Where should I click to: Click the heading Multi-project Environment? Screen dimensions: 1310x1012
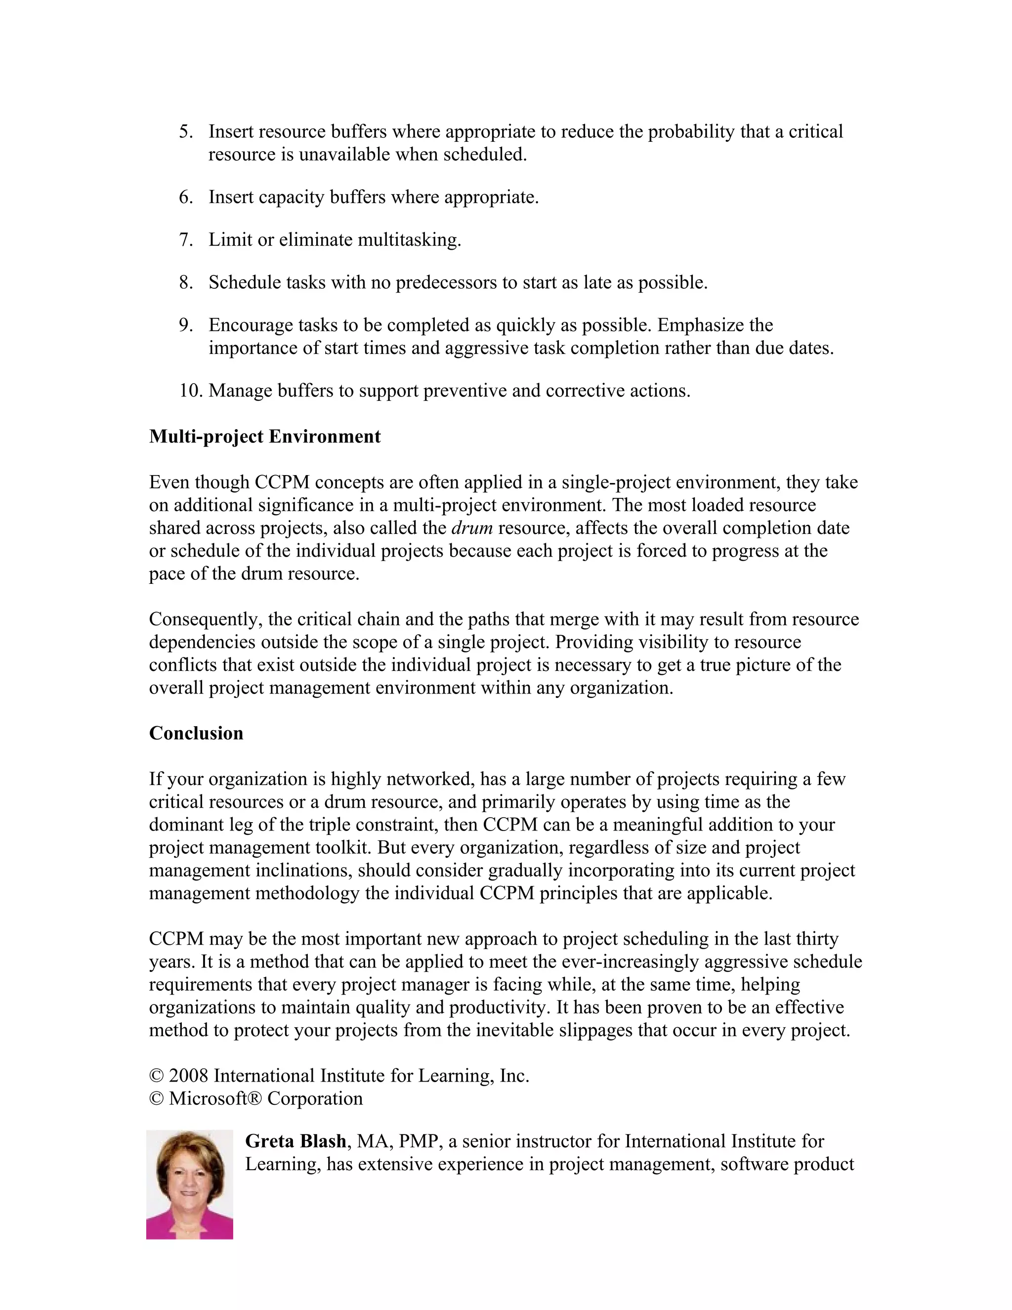[264, 437]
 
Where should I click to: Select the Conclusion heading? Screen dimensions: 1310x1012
[196, 734]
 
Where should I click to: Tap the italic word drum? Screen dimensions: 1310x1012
[472, 528]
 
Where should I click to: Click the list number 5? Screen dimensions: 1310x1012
[186, 132]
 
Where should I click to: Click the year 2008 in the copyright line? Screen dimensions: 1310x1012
[188, 1076]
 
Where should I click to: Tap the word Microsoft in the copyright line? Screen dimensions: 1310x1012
[208, 1099]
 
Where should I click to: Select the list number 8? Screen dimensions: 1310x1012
[186, 282]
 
